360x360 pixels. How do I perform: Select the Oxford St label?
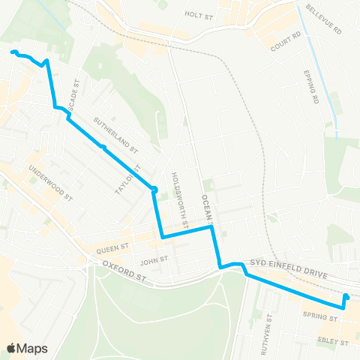[x=124, y=272]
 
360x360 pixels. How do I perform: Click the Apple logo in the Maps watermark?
[x=13, y=347]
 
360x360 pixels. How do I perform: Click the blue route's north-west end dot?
[x=13, y=52]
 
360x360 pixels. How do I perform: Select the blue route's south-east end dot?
[x=346, y=296]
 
